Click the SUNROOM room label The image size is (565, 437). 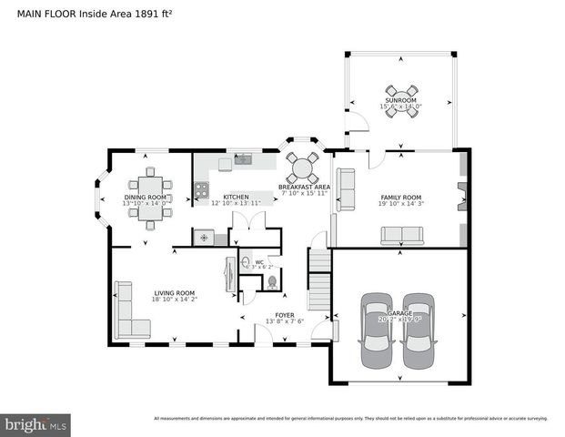tap(400, 103)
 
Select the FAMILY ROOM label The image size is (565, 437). tap(400, 198)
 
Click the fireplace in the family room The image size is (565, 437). tap(461, 196)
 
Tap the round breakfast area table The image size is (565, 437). tap(303, 167)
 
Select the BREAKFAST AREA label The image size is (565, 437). tap(304, 187)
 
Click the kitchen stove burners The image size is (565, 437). tap(200, 190)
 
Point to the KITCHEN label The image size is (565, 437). tap(236, 197)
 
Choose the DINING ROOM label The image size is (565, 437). tap(146, 197)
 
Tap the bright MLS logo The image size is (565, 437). tap(35, 423)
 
